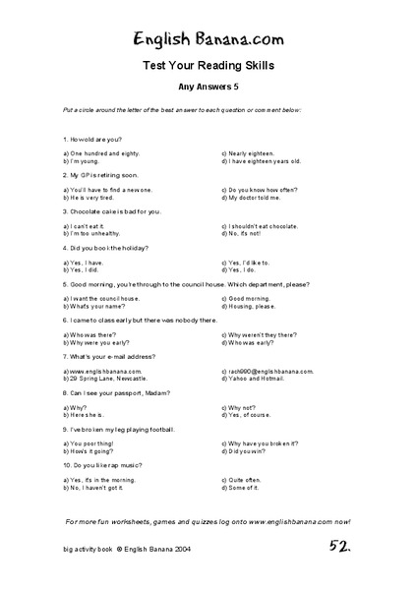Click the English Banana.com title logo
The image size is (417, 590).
(208, 36)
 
